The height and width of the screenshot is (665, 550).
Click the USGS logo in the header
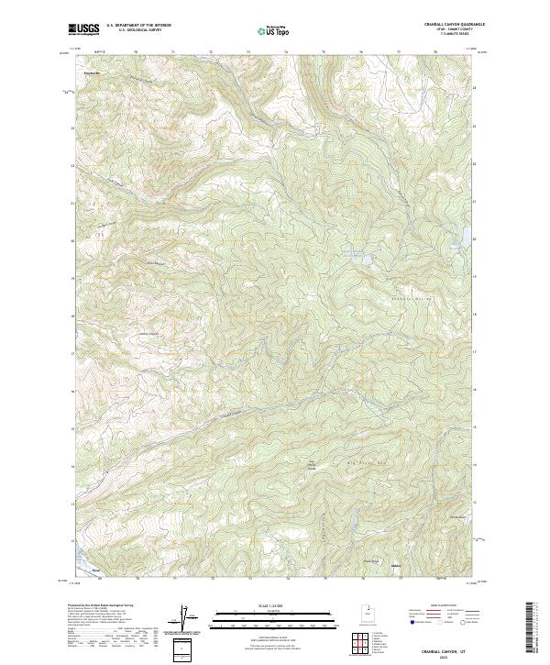coord(84,29)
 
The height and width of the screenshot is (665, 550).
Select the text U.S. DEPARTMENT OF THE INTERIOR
coord(138,27)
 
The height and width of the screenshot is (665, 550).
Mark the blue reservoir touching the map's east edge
coord(466,236)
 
